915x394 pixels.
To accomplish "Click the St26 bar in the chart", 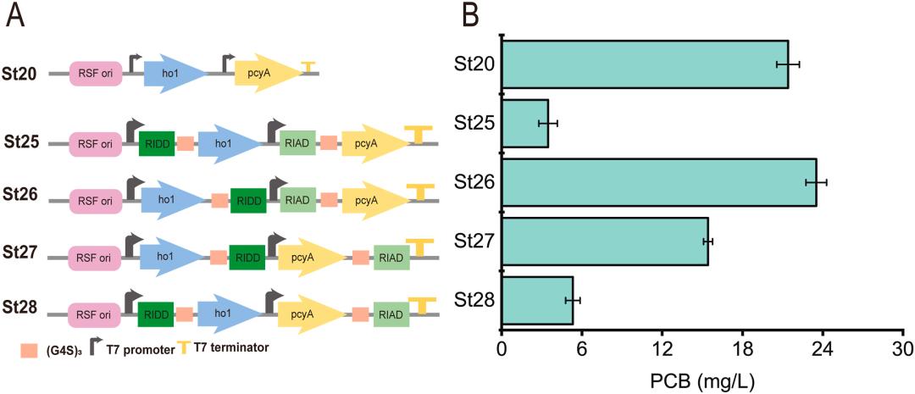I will coord(658,182).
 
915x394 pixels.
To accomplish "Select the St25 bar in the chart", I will coord(525,124).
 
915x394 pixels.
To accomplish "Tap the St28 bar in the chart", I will coord(537,301).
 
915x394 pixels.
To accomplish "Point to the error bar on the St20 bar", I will coord(787,64).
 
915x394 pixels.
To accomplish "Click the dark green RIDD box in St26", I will coord(248,200).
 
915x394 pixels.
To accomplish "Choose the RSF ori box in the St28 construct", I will coord(95,314).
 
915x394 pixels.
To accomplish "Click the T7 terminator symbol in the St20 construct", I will coord(308,66).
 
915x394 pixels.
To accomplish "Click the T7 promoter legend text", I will coord(140,349).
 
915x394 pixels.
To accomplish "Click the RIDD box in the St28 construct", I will coord(156,314).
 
